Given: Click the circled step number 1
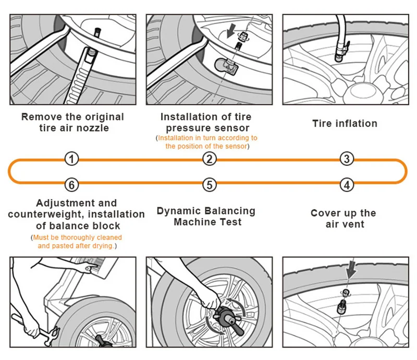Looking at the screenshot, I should [x=72, y=159].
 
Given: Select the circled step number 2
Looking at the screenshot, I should [x=209, y=159].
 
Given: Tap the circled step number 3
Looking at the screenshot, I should [x=347, y=159].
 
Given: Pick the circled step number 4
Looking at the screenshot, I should [x=347, y=185].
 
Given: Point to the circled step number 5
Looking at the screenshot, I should [x=209, y=185].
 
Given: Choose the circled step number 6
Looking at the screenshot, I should [x=72, y=185].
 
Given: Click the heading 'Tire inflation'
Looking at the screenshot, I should [x=345, y=124].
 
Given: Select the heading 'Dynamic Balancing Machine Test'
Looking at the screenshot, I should [x=206, y=217].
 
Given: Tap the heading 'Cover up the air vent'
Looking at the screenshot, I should [x=343, y=219].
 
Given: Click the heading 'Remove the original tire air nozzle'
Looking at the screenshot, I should [x=72, y=122].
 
